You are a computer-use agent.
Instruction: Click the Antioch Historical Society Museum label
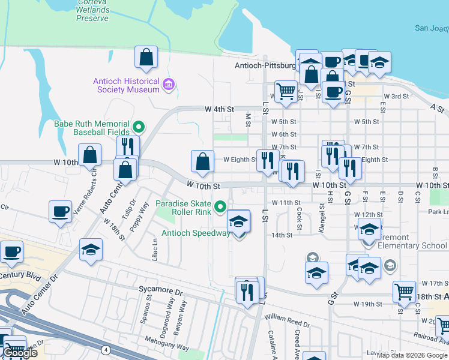125,85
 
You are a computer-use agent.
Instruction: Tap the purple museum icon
169,85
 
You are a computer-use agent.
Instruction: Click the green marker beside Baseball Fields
139,127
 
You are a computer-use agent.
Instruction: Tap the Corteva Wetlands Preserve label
92,10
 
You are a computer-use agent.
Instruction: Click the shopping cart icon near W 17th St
404,292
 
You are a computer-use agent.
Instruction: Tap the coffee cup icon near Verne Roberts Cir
61,211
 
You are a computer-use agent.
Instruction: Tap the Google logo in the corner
19,353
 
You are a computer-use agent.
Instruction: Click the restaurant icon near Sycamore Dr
247,292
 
